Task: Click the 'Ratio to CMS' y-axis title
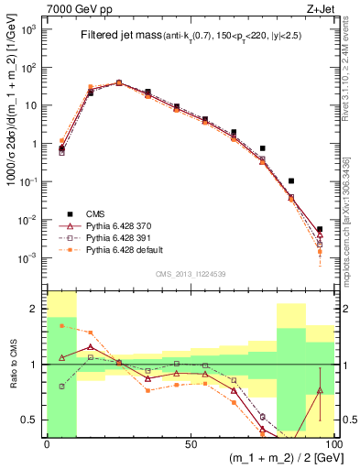(x=14, y=364)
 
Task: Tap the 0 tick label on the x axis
(x=47, y=443)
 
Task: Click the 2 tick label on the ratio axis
(x=34, y=309)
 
